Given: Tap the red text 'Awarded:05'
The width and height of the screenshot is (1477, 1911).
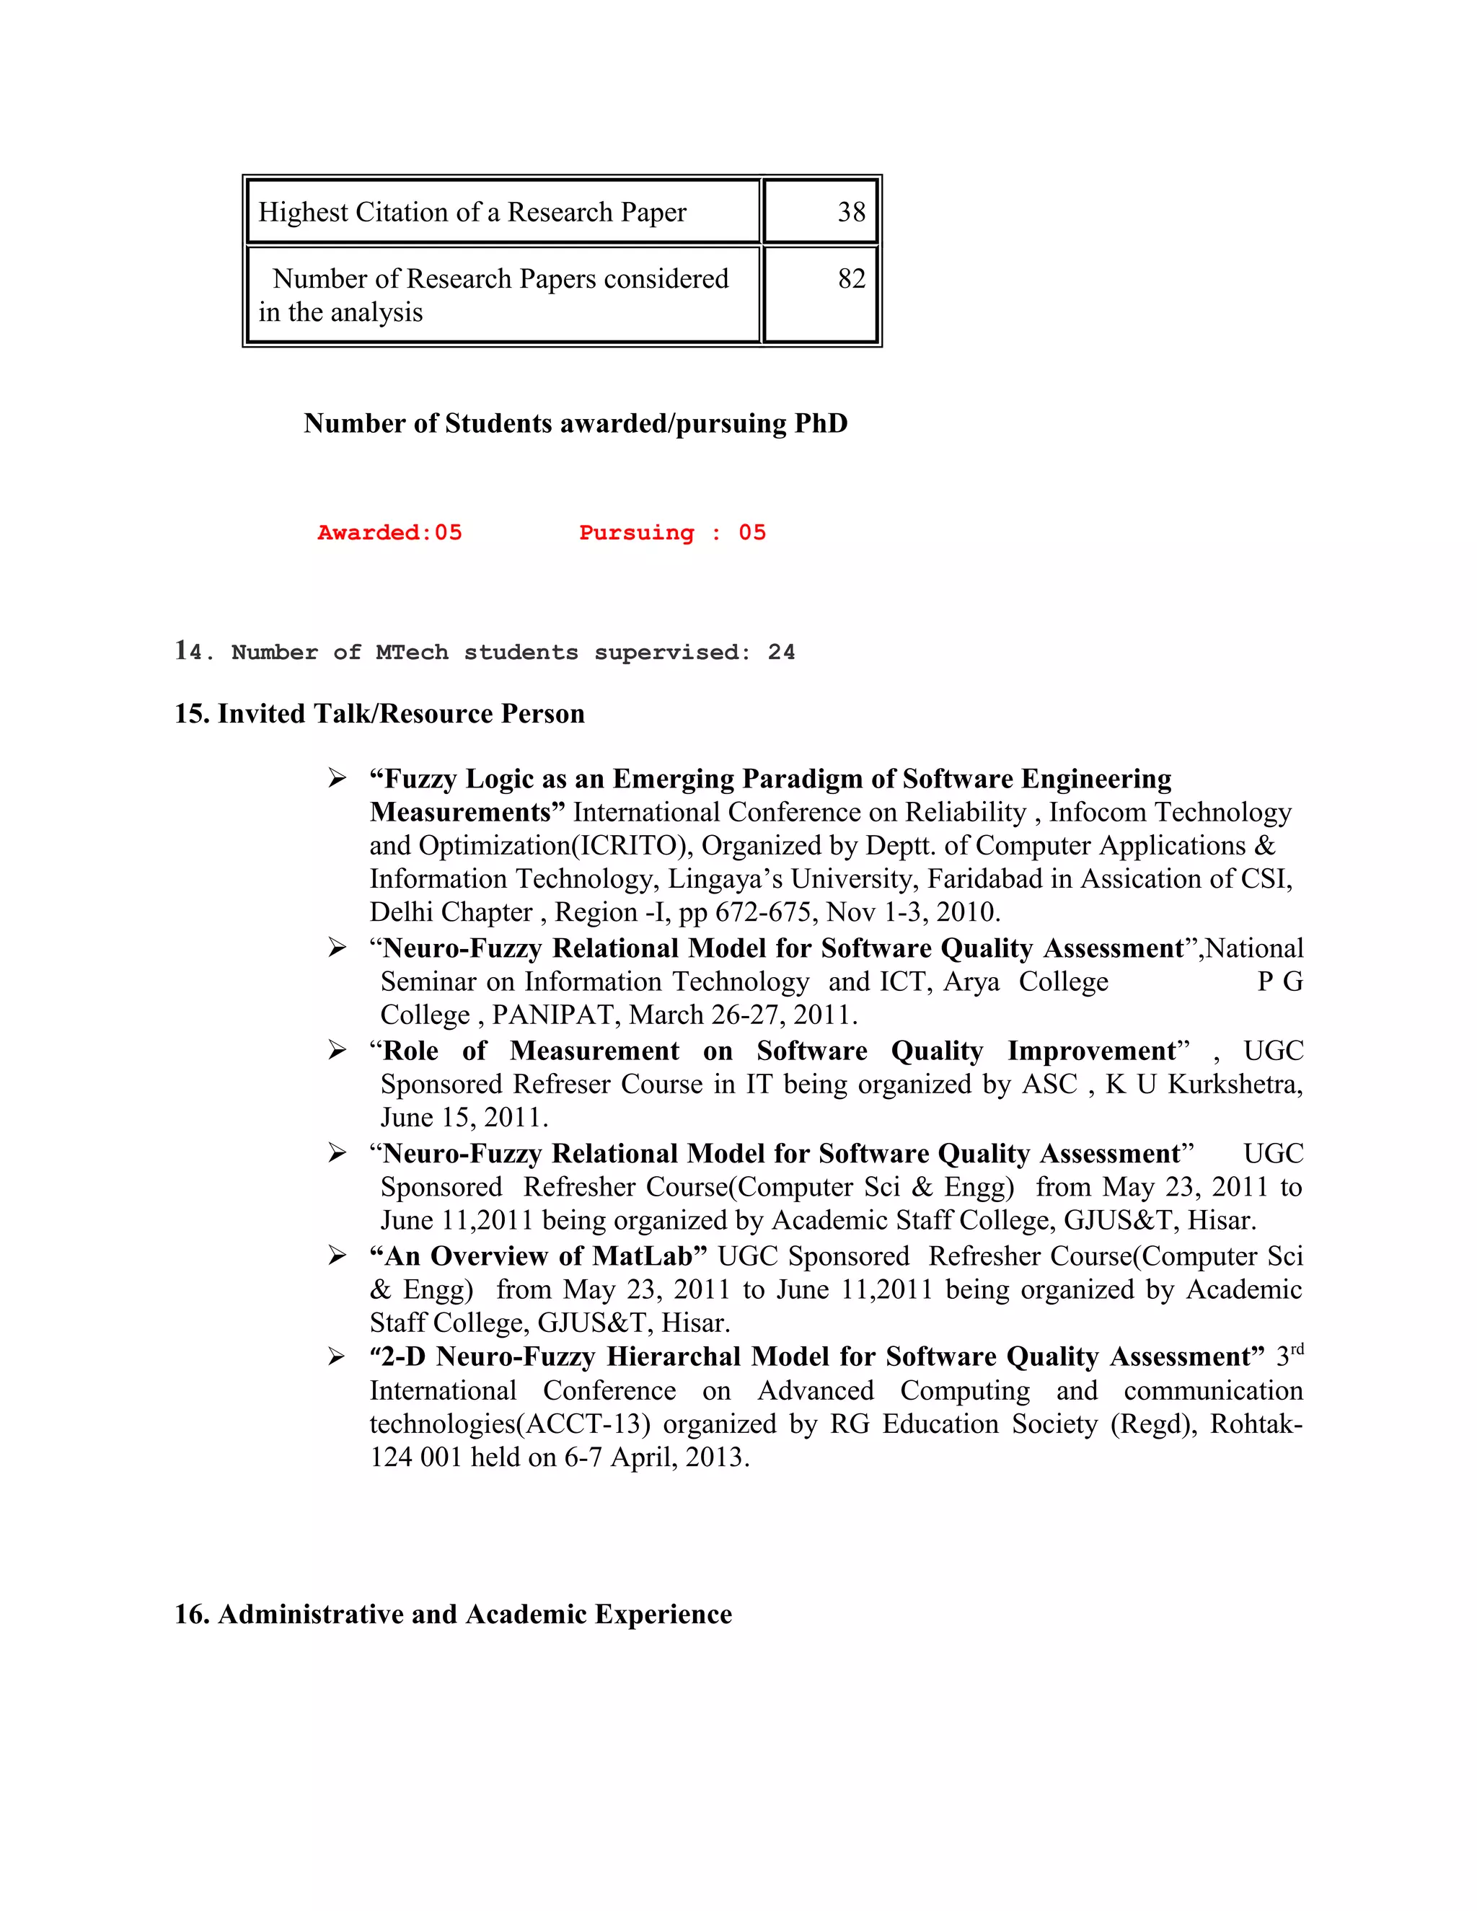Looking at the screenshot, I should click(389, 533).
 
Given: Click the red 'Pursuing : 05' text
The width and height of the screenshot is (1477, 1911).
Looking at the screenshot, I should click(672, 533).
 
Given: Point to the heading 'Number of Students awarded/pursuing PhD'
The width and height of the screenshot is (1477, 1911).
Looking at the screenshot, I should click(575, 423).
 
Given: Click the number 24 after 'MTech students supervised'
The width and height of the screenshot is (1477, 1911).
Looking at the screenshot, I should click(780, 653).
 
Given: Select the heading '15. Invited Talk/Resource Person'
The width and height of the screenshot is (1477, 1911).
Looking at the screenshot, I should click(379, 714).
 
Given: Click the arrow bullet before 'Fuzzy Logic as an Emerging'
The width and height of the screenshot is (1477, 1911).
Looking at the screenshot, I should click(337, 778).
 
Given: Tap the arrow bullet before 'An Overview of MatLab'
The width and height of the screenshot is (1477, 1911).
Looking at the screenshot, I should click(337, 1256).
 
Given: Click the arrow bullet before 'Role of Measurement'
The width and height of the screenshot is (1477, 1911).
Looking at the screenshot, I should click(337, 1050).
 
